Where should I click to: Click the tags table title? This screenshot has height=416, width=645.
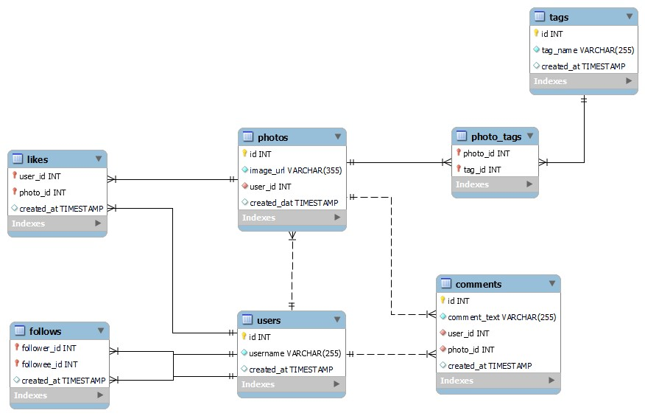pos(559,17)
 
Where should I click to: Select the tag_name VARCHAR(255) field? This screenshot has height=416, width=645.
pos(588,50)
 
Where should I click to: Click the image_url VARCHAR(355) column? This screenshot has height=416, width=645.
pos(295,170)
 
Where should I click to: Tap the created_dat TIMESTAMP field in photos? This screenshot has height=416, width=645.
pos(294,203)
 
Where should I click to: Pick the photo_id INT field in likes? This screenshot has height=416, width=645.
pos(42,193)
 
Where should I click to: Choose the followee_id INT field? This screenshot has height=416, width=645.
pos(49,364)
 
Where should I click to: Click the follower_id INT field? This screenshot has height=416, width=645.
pos(49,348)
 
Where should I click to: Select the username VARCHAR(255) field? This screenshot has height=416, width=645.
pos(295,353)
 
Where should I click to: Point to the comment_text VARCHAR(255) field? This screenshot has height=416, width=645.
pos(501,317)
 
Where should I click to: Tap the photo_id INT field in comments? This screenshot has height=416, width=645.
pos(470,350)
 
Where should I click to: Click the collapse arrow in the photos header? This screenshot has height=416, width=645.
pos(337,137)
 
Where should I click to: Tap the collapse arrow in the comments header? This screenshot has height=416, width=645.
pos(551,284)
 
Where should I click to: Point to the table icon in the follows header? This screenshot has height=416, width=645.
pos(19,331)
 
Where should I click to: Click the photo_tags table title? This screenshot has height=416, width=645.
pos(496,136)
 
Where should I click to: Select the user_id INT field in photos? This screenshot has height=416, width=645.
pos(270,187)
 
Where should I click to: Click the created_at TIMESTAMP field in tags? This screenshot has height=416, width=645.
pos(583,66)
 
